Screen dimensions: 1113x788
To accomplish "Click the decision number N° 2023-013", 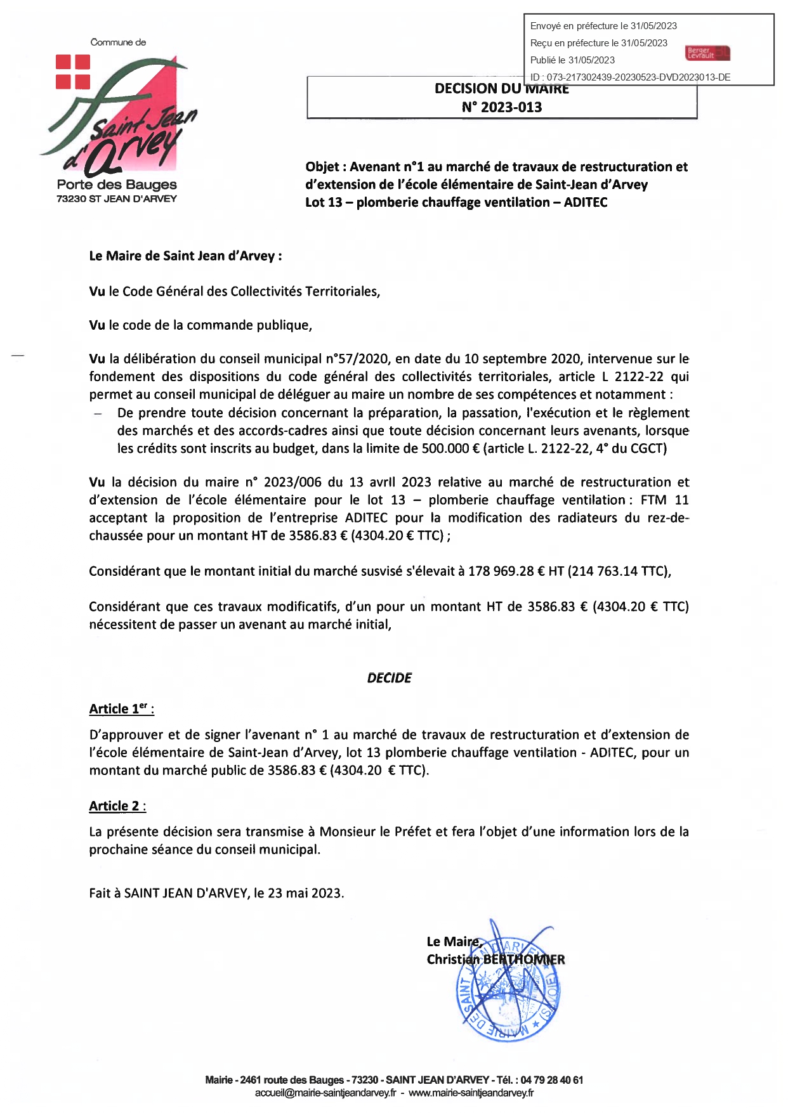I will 502,107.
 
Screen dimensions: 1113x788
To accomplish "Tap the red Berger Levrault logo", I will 707,53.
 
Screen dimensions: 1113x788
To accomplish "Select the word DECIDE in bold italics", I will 389,678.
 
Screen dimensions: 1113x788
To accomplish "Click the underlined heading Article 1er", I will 121,709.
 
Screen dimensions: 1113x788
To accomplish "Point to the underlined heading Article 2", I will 117,806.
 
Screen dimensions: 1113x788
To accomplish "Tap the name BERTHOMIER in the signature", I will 524,960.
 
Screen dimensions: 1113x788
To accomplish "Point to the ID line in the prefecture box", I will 630,77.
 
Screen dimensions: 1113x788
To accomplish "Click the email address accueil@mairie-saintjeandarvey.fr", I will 325,1093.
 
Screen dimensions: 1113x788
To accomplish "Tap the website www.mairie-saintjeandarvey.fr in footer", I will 471,1093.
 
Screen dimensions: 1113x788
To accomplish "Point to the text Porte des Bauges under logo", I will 117,185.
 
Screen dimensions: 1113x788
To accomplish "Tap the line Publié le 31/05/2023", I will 572,60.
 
